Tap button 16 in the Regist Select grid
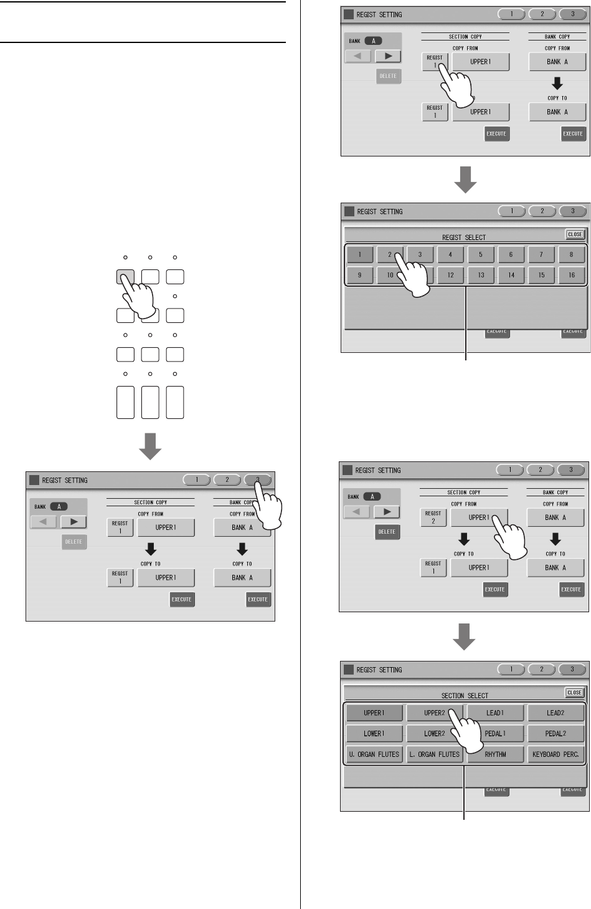point(571,275)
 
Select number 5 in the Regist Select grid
point(480,254)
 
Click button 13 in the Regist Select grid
point(481,275)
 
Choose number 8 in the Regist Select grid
point(571,254)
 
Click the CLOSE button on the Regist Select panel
point(574,234)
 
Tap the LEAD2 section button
point(556,713)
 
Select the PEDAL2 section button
point(556,733)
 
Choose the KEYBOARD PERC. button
point(556,754)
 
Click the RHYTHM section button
point(496,754)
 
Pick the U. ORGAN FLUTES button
point(374,754)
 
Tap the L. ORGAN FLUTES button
point(434,754)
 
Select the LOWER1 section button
point(374,733)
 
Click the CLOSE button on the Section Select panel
point(574,693)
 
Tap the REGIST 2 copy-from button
point(433,517)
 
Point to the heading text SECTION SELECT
point(465,696)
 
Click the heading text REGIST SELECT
point(463,238)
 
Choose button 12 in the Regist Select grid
point(450,275)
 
